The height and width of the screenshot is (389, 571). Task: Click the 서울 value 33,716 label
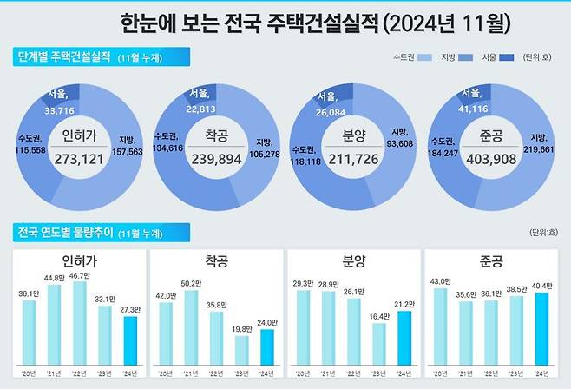tap(58, 110)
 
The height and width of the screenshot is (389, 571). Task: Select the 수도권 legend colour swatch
tap(424, 58)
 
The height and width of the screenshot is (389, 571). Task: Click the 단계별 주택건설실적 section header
tap(64, 57)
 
